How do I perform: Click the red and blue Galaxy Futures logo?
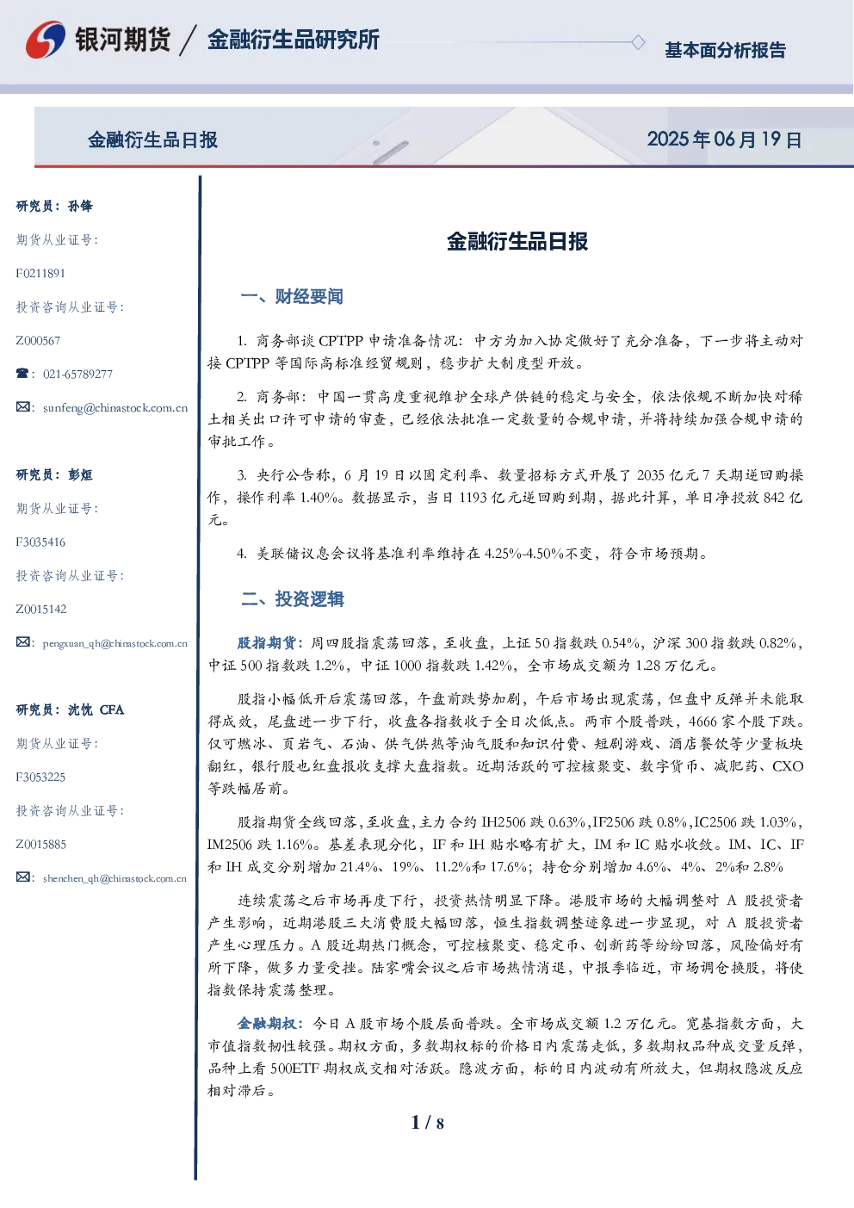(x=46, y=40)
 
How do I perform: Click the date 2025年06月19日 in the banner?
(x=724, y=139)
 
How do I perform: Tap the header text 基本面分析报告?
(x=725, y=50)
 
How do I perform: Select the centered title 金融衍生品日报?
(x=517, y=241)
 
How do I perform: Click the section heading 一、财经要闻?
(x=292, y=296)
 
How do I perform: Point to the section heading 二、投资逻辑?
(x=292, y=598)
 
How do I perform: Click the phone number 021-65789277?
(x=77, y=374)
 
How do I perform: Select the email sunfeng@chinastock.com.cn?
(x=115, y=408)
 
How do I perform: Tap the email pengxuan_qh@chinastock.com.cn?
(x=114, y=643)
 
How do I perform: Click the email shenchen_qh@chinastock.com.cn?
(x=114, y=878)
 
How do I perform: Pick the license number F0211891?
(x=40, y=274)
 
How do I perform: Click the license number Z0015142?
(x=41, y=610)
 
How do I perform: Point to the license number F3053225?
(x=40, y=777)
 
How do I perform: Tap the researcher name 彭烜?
(x=80, y=474)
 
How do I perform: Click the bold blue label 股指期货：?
(x=273, y=643)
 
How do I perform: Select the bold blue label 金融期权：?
(x=273, y=1024)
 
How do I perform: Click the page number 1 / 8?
(x=427, y=1123)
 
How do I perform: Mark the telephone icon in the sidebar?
(x=22, y=373)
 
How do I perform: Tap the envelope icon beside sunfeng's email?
(x=22, y=407)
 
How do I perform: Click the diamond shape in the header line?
(x=638, y=42)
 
